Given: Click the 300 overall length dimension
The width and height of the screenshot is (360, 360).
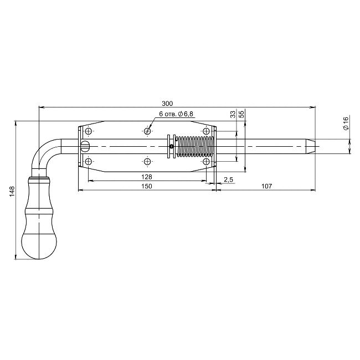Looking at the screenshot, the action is [x=167, y=104].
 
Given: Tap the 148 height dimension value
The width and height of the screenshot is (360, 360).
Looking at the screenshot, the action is [x=12, y=191].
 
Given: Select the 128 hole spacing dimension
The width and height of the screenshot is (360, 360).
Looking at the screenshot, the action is [x=147, y=177].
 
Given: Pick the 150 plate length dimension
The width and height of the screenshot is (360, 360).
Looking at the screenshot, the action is [x=147, y=186].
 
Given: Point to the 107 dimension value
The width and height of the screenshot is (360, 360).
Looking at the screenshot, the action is [x=266, y=186].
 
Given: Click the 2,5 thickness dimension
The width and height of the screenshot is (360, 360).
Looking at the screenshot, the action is [x=228, y=179].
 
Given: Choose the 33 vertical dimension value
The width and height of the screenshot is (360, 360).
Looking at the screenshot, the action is [x=233, y=114].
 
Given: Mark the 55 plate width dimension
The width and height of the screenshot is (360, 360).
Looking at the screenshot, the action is [x=241, y=114].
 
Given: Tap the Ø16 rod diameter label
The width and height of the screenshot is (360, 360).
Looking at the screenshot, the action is [x=346, y=124].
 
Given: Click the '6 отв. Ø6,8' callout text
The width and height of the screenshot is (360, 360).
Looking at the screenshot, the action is [x=176, y=114].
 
